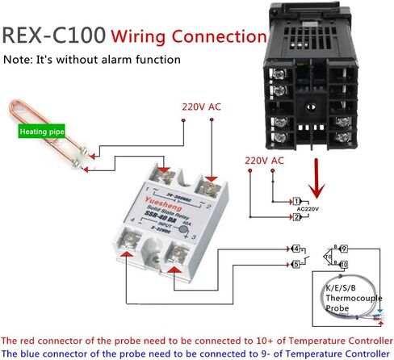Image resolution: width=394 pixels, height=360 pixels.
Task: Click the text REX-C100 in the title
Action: (x=53, y=36)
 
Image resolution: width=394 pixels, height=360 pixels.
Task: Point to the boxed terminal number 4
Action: (x=295, y=248)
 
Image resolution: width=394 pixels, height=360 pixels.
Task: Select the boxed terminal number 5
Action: (x=295, y=263)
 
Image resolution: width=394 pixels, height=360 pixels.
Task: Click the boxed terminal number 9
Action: (x=343, y=248)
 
